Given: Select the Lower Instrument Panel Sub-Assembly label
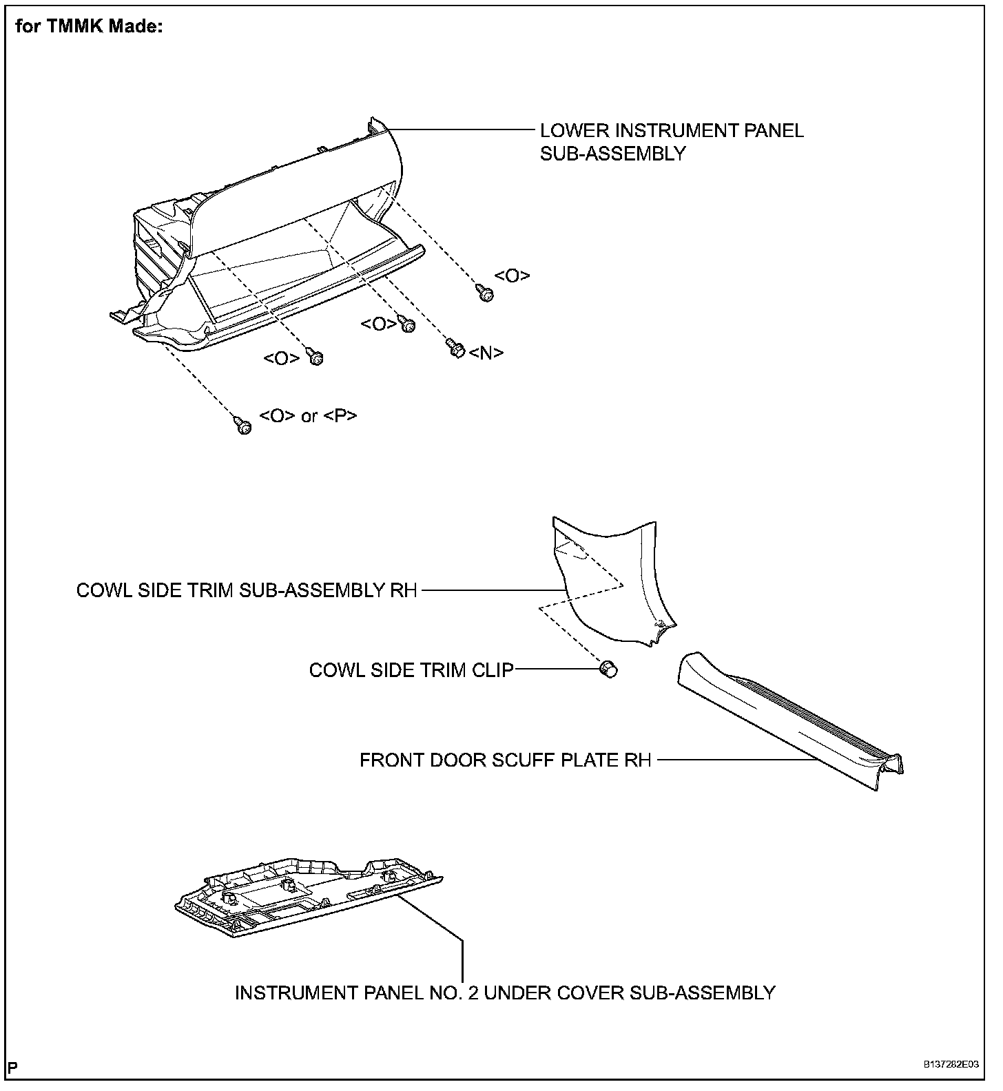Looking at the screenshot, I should tap(671, 142).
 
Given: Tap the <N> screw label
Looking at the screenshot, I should tap(486, 353).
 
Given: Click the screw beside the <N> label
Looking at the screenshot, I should tap(455, 349).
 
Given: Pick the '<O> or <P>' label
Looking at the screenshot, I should tap(308, 416).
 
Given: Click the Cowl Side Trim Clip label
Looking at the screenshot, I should tap(411, 670).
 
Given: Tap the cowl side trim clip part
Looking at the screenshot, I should tap(608, 669).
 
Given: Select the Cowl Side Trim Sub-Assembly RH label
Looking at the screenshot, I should tap(247, 591).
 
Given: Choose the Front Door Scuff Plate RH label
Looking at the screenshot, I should tap(505, 760).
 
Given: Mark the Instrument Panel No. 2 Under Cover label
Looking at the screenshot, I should tap(505, 993).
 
